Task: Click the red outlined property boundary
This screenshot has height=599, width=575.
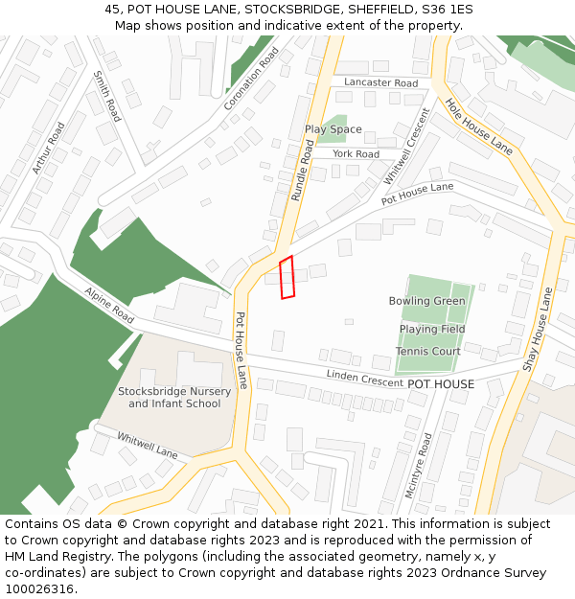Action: [x=287, y=277]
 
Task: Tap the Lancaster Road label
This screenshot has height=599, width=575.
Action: [x=380, y=83]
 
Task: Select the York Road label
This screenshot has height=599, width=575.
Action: [x=356, y=154]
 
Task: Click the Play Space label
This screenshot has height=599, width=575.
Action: [x=333, y=129]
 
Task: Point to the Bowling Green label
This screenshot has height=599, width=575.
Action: [x=426, y=301]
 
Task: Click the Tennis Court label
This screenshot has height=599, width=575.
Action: [x=428, y=352]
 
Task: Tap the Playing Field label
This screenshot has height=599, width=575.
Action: [x=432, y=329]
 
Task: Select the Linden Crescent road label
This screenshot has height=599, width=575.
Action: [x=364, y=379]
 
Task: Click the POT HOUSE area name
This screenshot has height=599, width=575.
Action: [x=441, y=384]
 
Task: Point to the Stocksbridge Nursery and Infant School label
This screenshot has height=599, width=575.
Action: [x=174, y=398]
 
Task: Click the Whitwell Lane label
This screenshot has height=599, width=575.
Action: [x=148, y=445]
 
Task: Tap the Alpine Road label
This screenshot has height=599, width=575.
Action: [x=108, y=304]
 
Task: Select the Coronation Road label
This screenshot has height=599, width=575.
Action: [x=250, y=79]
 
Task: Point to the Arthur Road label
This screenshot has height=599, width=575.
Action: [x=48, y=147]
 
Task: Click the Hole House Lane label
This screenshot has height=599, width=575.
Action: [x=479, y=127]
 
